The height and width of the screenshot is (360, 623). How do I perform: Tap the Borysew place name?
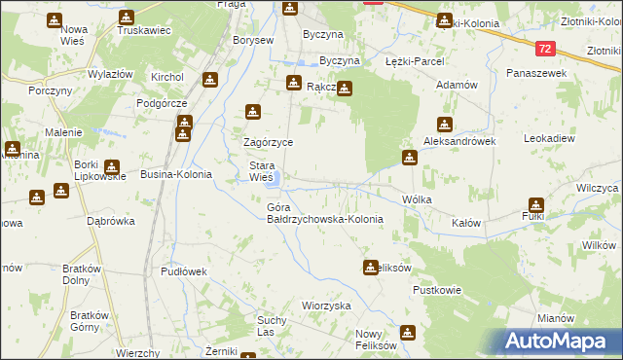point(253,41)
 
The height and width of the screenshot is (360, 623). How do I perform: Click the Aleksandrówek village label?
point(459,141)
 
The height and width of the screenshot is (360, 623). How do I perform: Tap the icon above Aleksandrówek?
point(445,125)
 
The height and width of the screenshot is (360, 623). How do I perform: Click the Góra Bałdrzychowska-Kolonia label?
point(324,213)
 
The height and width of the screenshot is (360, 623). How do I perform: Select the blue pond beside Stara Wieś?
point(276,179)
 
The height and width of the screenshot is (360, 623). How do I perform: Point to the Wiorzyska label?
point(326,306)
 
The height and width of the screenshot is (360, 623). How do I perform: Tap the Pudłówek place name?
point(184,272)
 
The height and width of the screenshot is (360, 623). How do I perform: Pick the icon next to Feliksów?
point(370,267)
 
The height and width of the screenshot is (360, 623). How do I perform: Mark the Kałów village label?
point(467,223)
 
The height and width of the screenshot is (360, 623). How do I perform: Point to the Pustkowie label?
point(435,290)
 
